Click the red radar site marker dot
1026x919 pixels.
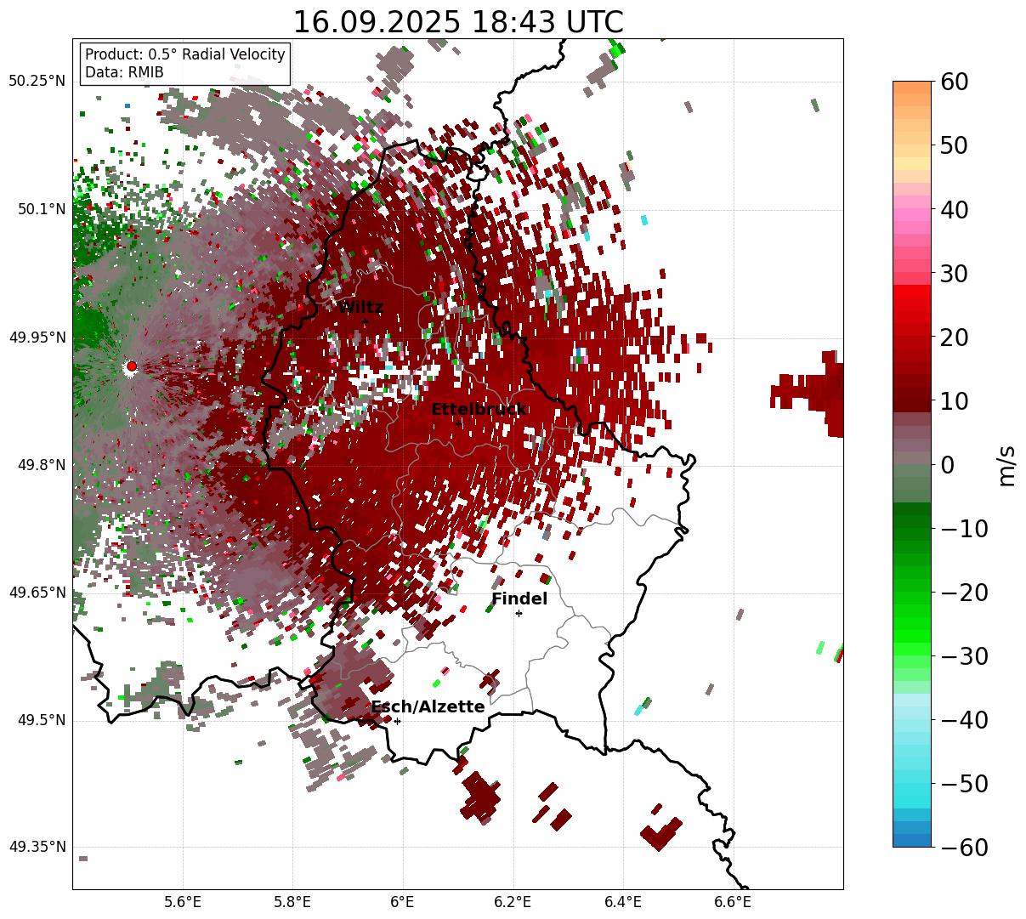tap(131, 366)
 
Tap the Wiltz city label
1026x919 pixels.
tap(360, 308)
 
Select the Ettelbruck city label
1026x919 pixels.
tap(479, 410)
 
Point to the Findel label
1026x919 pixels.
tap(519, 599)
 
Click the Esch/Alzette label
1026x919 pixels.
tap(428, 707)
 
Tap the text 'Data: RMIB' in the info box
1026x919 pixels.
tap(124, 72)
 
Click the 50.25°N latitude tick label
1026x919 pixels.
tap(37, 82)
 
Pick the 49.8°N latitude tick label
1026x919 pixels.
tap(40, 465)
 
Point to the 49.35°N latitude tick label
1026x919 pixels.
tap(37, 848)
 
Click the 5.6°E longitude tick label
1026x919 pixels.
tap(183, 902)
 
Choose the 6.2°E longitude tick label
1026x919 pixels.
tap(513, 902)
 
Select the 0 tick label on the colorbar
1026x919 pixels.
tap(947, 465)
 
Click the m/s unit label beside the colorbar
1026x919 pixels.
tap(1006, 465)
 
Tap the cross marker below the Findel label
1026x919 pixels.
tap(519, 613)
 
